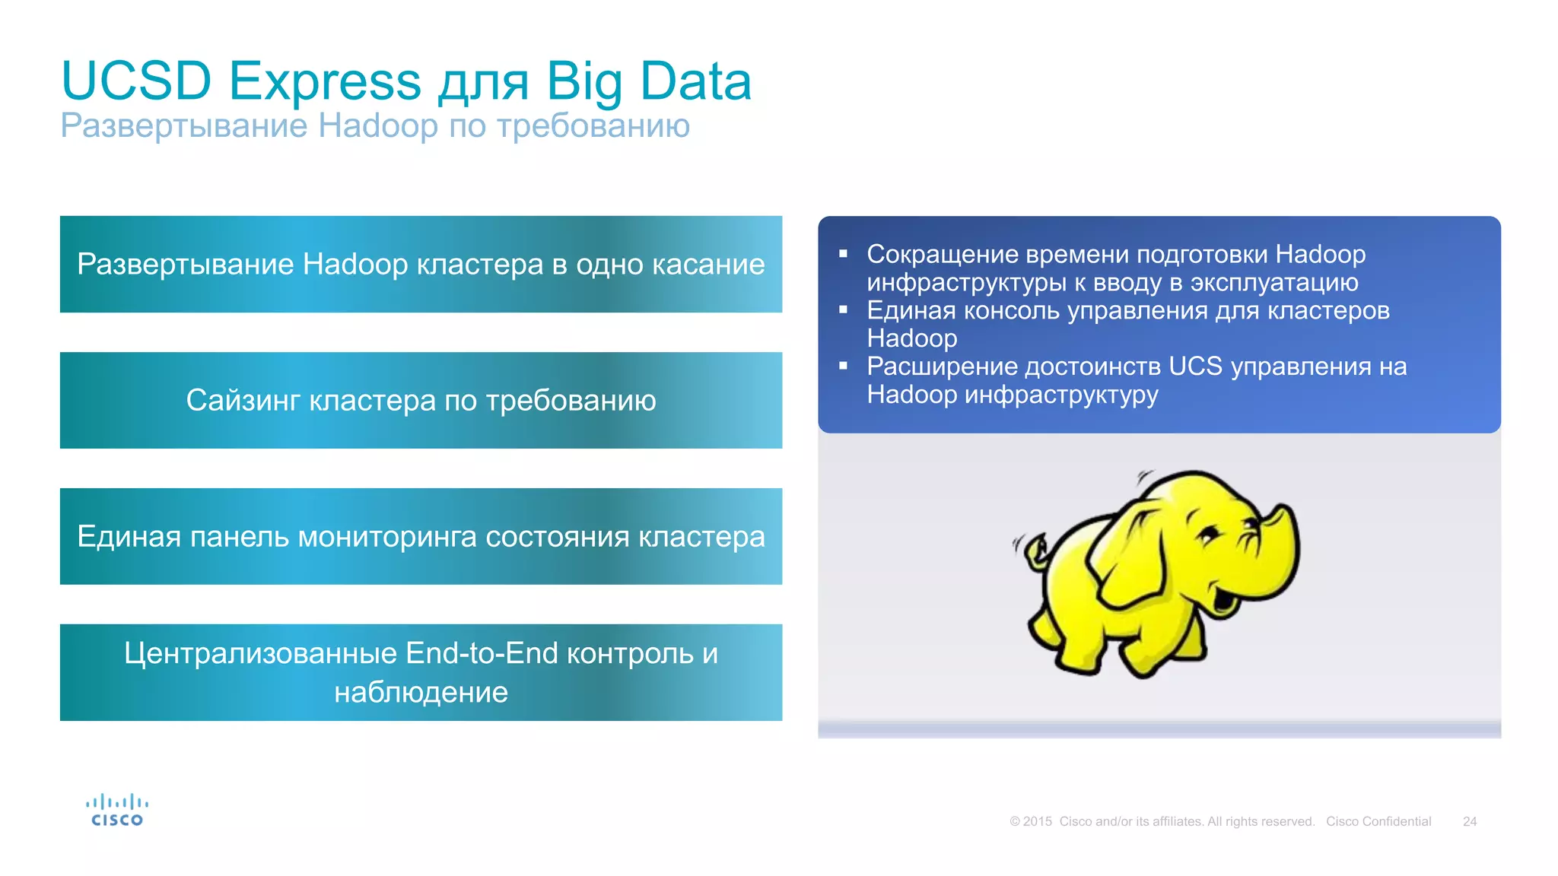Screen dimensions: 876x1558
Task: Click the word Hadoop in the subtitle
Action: pos(378,125)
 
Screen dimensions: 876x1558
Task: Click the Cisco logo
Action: pos(117,811)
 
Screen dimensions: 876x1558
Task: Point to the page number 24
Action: pos(1469,821)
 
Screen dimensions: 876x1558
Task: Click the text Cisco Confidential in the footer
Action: pos(1378,821)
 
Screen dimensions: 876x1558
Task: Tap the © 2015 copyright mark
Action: pos(1031,821)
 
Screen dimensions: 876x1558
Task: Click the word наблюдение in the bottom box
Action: pos(421,692)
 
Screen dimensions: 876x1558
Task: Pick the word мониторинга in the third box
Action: pos(387,536)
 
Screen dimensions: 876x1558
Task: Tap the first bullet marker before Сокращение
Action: pos(843,254)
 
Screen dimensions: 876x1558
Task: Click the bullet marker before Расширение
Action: pos(843,366)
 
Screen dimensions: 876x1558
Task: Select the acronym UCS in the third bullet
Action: pos(1195,366)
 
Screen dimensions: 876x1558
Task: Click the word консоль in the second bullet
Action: pos(1011,310)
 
